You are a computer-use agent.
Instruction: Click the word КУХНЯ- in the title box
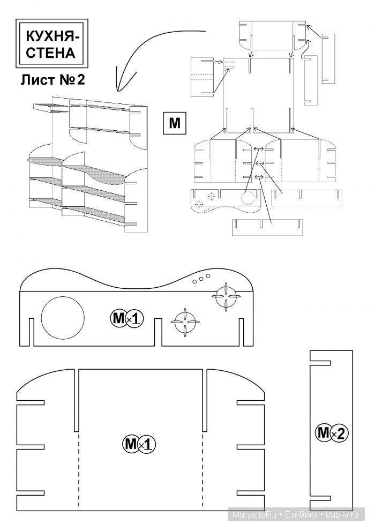tap(52, 36)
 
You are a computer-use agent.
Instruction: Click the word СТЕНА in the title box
tap(50, 53)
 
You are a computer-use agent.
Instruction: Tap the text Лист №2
tap(52, 80)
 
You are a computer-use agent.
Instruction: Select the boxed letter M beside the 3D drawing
tap(175, 123)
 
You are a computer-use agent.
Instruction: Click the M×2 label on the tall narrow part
tap(331, 433)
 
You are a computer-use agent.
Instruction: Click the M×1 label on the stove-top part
tap(127, 319)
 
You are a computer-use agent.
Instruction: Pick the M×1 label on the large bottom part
tap(139, 444)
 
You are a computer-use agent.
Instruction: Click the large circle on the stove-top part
tap(63, 318)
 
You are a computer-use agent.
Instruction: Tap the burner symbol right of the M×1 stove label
tap(185, 323)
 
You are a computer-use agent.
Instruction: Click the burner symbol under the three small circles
tap(226, 296)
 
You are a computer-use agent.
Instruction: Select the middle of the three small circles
tap(201, 279)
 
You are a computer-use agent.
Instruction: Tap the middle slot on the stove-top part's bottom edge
tap(159, 332)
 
